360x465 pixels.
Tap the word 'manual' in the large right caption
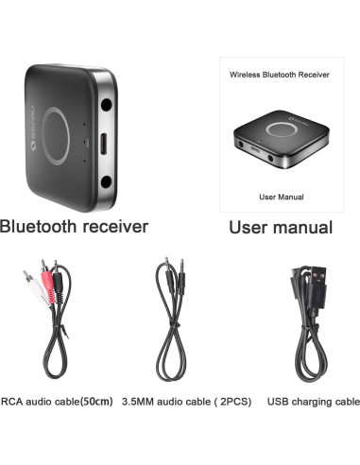coord(299,228)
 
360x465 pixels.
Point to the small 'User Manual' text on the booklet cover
coord(280,197)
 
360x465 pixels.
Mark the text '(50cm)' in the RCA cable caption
coord(94,402)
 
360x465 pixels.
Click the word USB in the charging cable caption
coord(278,402)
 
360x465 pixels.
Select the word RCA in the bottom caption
coord(13,402)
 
